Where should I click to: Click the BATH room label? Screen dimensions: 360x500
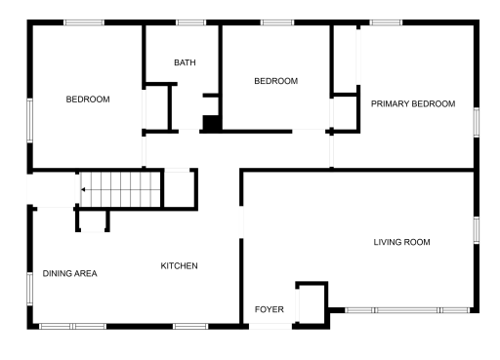185,63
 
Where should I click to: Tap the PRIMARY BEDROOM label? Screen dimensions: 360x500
413,103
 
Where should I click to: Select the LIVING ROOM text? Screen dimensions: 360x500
401,242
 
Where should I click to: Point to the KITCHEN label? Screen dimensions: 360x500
180,265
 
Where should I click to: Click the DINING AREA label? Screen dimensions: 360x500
69,273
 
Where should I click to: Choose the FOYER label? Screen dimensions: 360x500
270,309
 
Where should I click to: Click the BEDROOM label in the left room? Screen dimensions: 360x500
88,100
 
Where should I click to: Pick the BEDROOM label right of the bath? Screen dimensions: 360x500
275,81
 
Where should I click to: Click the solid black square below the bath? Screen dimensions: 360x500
209,123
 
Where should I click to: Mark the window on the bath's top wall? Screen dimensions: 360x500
190,22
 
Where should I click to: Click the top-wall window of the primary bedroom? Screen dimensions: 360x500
386,22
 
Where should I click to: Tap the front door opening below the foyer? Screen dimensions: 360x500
270,325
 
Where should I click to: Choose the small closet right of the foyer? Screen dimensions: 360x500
311,302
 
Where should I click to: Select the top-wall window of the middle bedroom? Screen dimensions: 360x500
277,22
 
